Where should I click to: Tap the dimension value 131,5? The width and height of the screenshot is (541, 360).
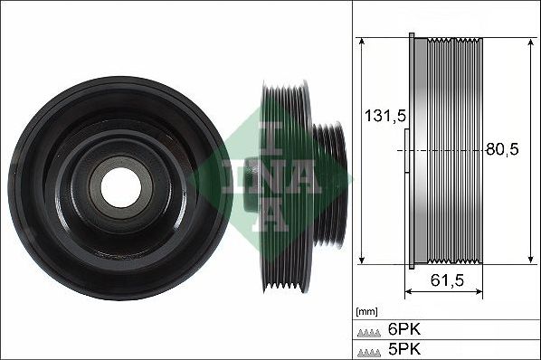click(382, 117)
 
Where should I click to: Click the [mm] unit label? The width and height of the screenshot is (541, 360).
click(368, 310)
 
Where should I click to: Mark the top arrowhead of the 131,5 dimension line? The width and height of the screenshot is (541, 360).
click(361, 42)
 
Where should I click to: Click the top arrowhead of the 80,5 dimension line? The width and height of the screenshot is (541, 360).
click(528, 42)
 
